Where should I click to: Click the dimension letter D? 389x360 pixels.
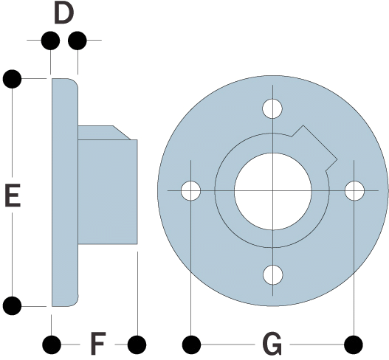click(x=63, y=14)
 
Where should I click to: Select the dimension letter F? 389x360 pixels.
click(x=98, y=343)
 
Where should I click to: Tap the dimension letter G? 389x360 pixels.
click(x=272, y=344)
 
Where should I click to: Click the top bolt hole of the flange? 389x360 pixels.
click(x=272, y=108)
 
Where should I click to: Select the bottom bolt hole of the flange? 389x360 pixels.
click(x=272, y=274)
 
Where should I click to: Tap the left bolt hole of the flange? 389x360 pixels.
click(x=190, y=190)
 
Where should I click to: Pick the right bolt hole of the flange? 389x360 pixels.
click(x=354, y=190)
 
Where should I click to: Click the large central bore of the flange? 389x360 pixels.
click(x=272, y=191)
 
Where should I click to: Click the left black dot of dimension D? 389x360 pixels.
click(x=51, y=40)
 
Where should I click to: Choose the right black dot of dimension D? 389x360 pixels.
click(x=78, y=40)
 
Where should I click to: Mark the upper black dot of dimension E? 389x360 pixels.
click(x=12, y=79)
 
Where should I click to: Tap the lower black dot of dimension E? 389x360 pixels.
click(x=12, y=305)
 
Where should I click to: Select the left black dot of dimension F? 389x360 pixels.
click(x=52, y=345)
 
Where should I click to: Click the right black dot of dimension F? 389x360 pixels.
click(x=137, y=345)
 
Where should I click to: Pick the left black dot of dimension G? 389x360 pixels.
click(x=191, y=345)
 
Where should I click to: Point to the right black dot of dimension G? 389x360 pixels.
click(x=354, y=345)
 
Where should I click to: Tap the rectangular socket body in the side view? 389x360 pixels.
click(x=108, y=192)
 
